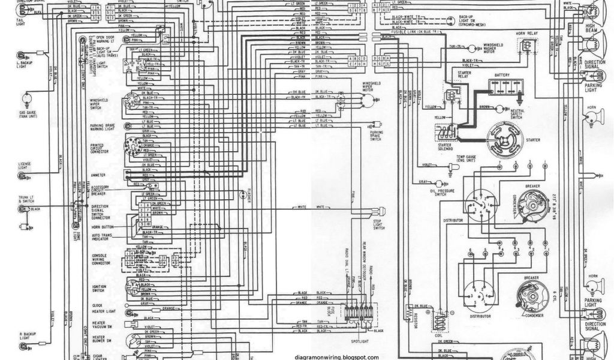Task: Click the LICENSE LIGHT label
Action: point(26,165)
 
